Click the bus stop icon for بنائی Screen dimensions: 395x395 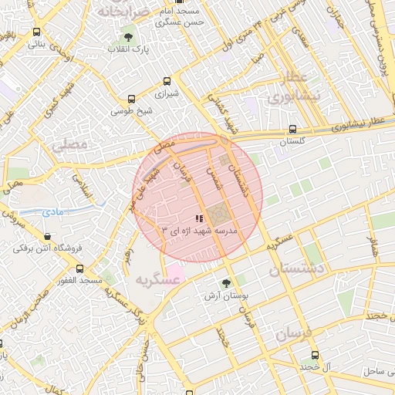[x=37, y=32]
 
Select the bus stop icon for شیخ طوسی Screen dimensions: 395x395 [x=133, y=99]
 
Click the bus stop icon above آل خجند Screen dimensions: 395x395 [x=314, y=355]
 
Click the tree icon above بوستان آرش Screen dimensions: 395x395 [x=225, y=283]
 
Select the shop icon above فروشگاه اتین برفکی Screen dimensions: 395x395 [x=48, y=236]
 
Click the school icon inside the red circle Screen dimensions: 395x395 [x=200, y=219]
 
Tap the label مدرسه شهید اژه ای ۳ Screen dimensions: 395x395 [x=200, y=231]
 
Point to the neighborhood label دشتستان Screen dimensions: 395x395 [x=297, y=269]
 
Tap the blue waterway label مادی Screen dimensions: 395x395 [x=53, y=211]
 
